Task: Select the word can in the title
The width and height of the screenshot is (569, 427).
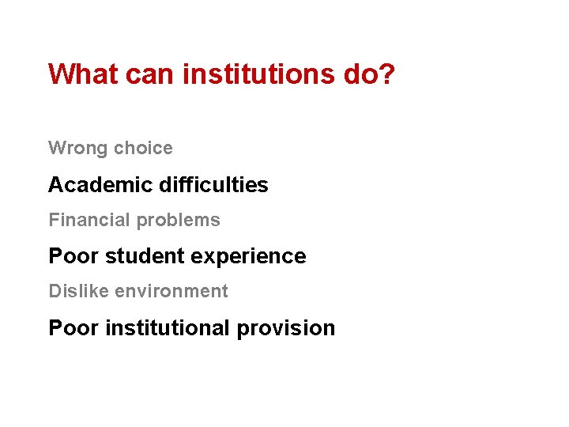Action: tap(150, 74)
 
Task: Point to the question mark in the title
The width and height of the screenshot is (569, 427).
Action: tap(386, 74)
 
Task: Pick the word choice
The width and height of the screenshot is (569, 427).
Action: tap(143, 148)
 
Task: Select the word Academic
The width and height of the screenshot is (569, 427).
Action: tap(100, 185)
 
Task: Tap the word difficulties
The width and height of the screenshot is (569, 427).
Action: tap(213, 185)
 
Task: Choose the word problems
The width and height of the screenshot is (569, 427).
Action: tap(179, 221)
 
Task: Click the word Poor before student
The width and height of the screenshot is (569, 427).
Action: tap(73, 256)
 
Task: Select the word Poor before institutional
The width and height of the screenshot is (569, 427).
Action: tap(73, 327)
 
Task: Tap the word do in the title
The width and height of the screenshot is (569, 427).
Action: tap(358, 74)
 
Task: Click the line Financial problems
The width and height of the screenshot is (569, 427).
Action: tap(134, 220)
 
